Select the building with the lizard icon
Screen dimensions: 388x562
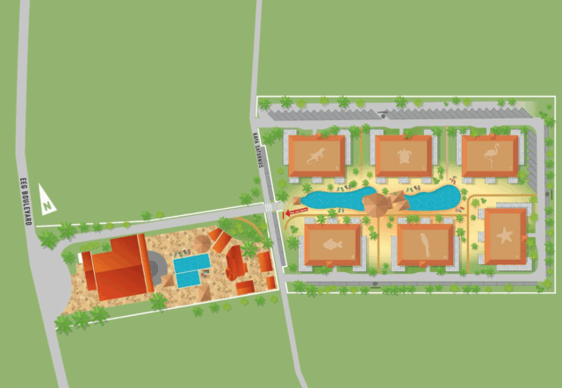tap(316, 155)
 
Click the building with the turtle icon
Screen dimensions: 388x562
tap(403, 155)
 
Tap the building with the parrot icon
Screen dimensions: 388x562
tap(426, 244)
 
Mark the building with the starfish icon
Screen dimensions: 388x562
tap(505, 235)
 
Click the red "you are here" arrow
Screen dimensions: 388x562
tap(296, 211)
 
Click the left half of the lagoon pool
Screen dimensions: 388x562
tap(334, 199)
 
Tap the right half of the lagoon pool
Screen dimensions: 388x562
tap(431, 198)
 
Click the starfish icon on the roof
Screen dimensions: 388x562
tap(505, 235)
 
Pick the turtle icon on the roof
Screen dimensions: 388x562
tap(404, 155)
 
